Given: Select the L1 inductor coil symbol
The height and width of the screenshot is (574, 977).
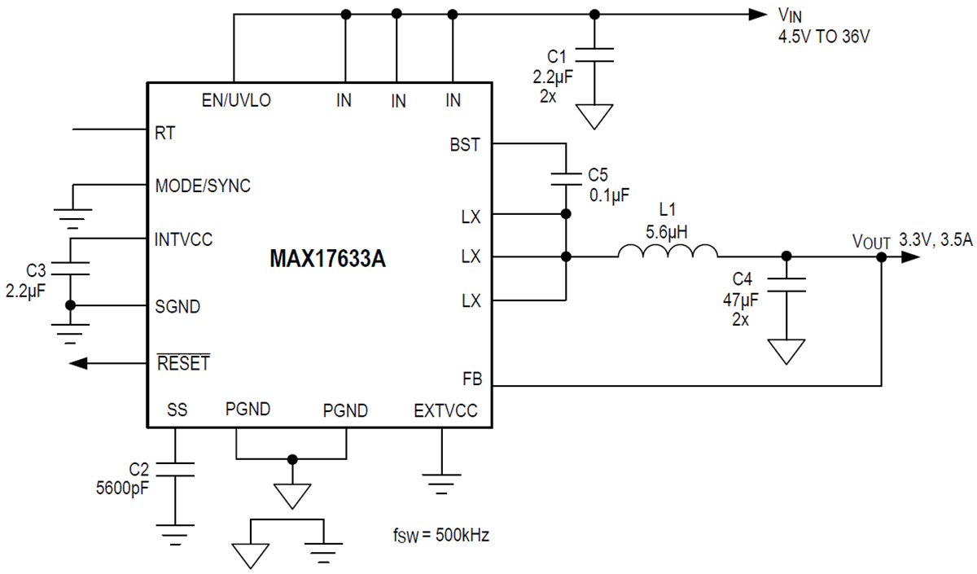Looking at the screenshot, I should click(x=668, y=251).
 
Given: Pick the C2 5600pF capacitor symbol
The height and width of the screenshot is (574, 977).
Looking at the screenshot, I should click(x=174, y=468).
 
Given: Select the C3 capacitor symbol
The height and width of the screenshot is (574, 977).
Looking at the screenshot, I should click(x=71, y=269).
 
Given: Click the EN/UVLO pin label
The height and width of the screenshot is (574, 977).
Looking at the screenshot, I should click(x=236, y=101).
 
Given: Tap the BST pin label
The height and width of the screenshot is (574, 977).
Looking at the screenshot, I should click(x=465, y=146).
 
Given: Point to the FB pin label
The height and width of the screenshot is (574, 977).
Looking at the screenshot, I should click(x=471, y=379).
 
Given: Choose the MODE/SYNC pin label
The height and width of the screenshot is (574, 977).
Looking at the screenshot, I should click(x=203, y=186).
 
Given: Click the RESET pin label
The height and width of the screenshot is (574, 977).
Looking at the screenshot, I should click(x=183, y=363).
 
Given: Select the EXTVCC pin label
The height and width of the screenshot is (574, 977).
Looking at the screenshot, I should click(x=445, y=410).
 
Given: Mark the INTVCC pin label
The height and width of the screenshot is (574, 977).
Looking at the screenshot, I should click(x=183, y=240).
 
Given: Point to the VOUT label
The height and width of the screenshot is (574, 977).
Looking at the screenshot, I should click(x=872, y=242).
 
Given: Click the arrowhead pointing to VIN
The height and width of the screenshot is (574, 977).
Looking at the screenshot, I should click(x=756, y=14).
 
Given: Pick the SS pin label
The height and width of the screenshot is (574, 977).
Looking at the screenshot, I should click(x=177, y=410).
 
